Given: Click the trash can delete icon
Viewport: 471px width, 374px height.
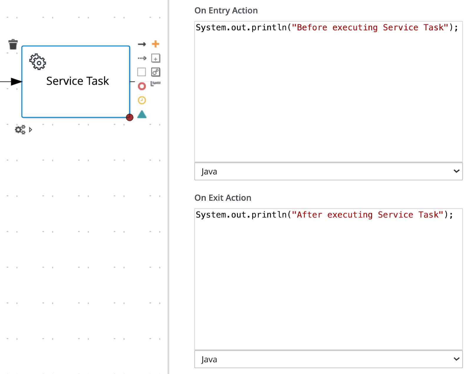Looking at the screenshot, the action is (x=13, y=44).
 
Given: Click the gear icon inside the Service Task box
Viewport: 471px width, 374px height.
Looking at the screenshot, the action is (x=38, y=62).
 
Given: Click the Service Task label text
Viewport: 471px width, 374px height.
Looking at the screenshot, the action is (x=77, y=81).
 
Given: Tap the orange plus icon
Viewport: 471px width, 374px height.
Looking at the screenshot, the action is (x=155, y=44).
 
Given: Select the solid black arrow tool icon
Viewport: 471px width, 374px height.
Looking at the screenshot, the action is (x=142, y=44).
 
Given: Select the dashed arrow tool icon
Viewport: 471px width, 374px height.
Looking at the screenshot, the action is (x=142, y=58).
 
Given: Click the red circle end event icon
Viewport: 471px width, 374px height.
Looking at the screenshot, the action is (x=142, y=86).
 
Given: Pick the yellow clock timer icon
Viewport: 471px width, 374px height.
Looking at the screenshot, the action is (x=142, y=100).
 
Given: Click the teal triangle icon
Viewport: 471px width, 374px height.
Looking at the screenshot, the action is (x=142, y=114).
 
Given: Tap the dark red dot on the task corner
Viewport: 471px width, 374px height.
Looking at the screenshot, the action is (x=130, y=117).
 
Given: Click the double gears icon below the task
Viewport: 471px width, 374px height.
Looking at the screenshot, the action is (x=20, y=129).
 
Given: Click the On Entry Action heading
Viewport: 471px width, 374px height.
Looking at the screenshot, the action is (x=226, y=11).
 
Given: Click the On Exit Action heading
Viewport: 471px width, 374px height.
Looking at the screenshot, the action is (x=223, y=198).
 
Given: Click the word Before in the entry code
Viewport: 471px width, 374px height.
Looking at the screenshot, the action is (x=312, y=28).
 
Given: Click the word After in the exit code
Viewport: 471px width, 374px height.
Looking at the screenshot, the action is (x=310, y=215).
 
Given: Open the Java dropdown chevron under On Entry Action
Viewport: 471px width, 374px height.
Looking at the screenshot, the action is (x=456, y=171).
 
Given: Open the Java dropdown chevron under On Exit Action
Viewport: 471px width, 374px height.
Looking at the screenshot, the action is (x=456, y=359).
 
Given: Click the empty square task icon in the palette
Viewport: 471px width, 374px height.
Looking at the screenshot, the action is (x=142, y=72).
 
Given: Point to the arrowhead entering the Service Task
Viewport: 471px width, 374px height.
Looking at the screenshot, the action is (x=16, y=82).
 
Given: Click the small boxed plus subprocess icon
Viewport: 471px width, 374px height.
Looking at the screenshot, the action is (x=156, y=58).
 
